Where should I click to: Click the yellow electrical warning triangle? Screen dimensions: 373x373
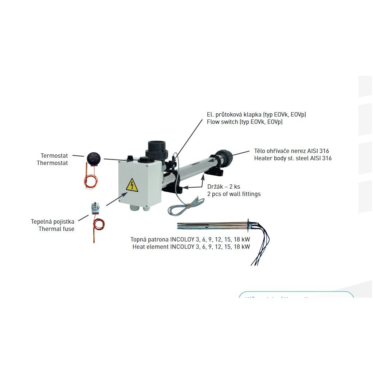132,185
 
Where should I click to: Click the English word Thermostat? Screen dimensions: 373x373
52,163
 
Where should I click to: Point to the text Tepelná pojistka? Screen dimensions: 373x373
53,221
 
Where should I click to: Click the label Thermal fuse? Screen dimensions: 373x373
56,229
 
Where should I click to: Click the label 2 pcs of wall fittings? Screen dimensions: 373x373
233,194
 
